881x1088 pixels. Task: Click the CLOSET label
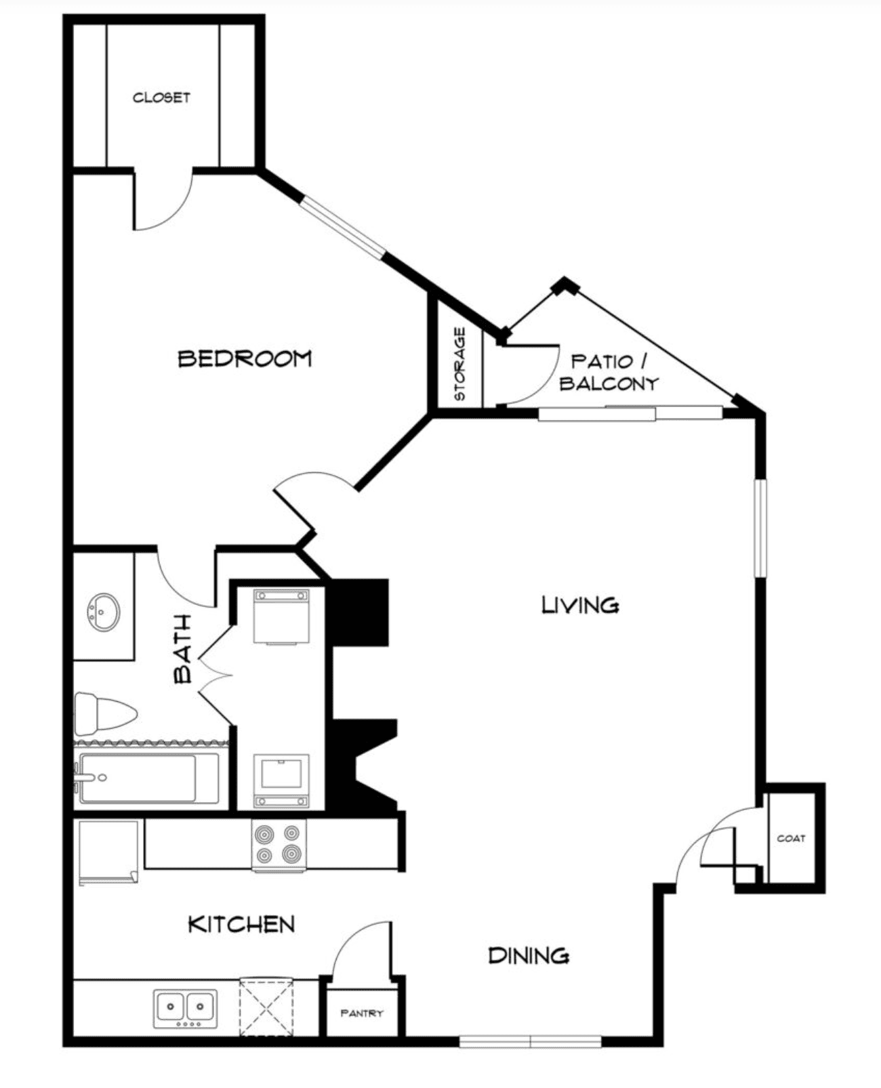pos(161,97)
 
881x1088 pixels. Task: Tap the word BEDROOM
pos(245,358)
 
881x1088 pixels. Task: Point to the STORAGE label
pos(460,364)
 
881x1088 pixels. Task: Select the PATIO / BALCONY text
pos(609,373)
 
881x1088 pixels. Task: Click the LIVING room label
pos(581,605)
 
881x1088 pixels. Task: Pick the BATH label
pos(182,649)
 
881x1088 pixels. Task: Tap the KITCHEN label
pos(242,925)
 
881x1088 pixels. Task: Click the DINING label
pos(529,955)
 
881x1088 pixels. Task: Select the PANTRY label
pos(362,1013)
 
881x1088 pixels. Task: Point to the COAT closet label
pos(791,838)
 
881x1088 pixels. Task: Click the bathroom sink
pos(104,612)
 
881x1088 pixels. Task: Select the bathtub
pos(149,778)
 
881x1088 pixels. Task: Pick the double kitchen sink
pos(186,1009)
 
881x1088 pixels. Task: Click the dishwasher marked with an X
pos(266,1007)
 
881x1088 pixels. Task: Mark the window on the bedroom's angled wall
pos(342,228)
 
